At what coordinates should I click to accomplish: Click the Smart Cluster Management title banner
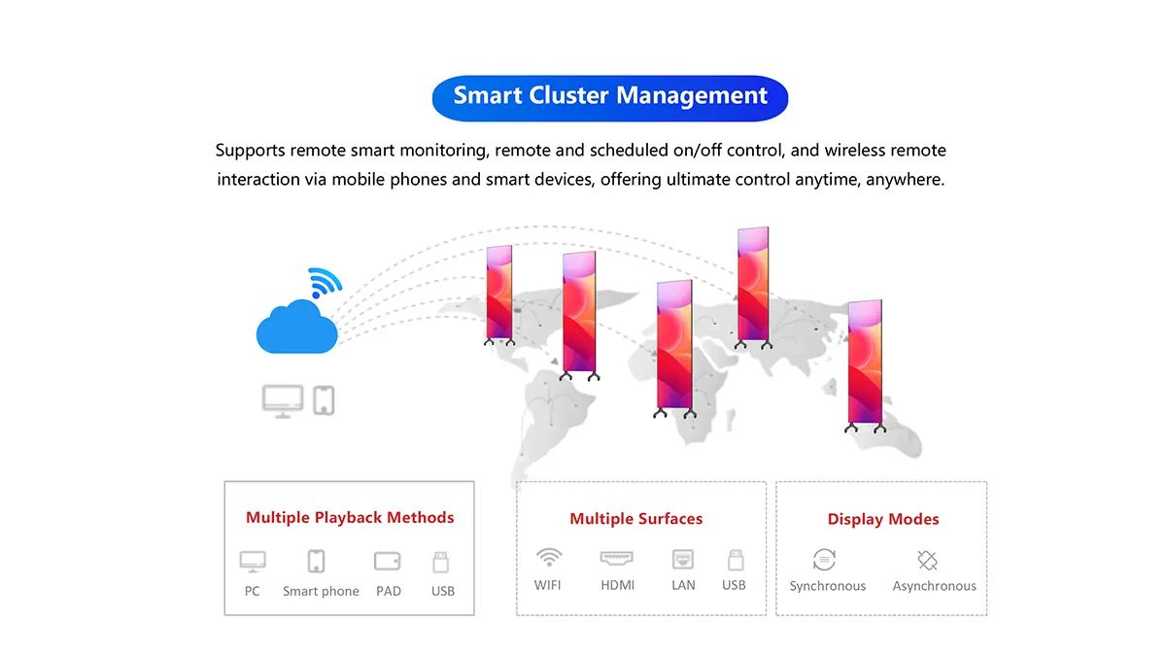pos(609,98)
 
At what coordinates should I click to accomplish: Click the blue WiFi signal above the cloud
pos(325,283)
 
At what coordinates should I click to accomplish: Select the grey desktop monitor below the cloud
pos(283,401)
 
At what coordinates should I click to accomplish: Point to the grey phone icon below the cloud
pos(324,400)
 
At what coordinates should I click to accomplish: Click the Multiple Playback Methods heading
pos(350,517)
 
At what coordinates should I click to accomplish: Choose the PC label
pos(252,592)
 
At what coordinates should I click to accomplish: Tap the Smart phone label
pos(321,592)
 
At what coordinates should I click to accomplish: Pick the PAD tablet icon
pos(388,562)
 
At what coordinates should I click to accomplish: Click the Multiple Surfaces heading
pos(636,519)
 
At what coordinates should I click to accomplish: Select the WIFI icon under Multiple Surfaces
pos(549,558)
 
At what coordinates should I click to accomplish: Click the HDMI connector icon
pos(617,559)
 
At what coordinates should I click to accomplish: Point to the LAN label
pos(683,585)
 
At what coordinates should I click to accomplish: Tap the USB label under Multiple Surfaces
pos(734,585)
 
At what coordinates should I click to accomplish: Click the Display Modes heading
pos(883,519)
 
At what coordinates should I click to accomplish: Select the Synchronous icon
pos(825,560)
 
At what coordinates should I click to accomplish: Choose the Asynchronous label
pos(935,586)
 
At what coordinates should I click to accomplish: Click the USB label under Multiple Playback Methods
pos(443,592)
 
